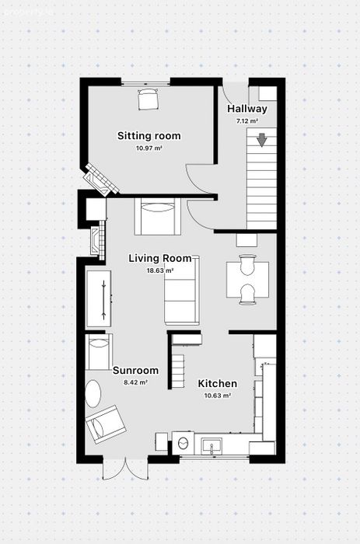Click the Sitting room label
[149, 136]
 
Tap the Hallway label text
[247, 109]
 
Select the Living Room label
[160, 259]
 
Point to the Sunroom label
[136, 371]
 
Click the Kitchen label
[218, 384]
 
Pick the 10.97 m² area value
[149, 148]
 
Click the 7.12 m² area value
[247, 121]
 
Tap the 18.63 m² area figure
[160, 270]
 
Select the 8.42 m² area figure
[136, 382]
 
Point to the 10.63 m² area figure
[218, 396]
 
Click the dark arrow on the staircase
[262, 140]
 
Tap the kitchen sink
[211, 446]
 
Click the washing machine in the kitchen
[183, 443]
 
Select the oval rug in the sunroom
[93, 394]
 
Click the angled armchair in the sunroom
[106, 424]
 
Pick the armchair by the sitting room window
[149, 99]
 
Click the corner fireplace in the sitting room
[100, 180]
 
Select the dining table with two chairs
[247, 280]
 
